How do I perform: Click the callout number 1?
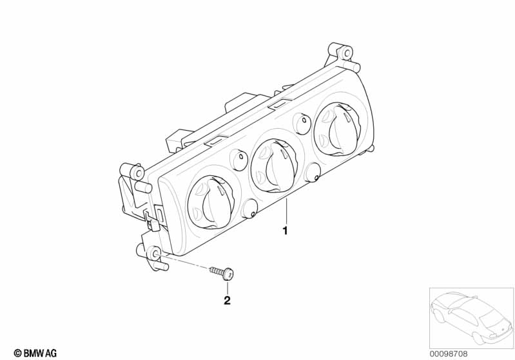pos(285,231)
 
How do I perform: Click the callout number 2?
pos(227,300)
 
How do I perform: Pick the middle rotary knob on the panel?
pos(274,166)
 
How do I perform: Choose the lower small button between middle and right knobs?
pos(313,173)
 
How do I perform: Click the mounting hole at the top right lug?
pos(345,53)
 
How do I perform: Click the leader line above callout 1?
pos(286,211)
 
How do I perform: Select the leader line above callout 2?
pos(227,287)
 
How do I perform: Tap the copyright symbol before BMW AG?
pos(18,354)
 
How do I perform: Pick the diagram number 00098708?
pos(449,354)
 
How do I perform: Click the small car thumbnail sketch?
pos(472,317)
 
